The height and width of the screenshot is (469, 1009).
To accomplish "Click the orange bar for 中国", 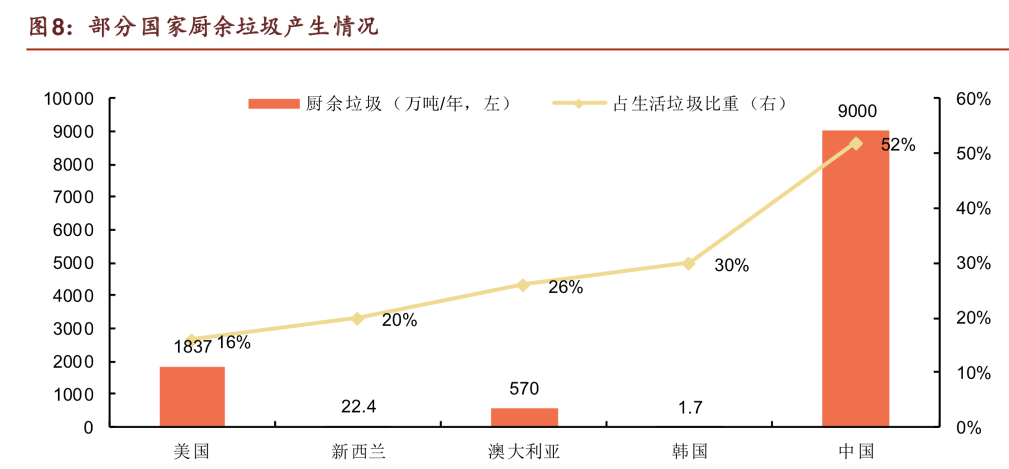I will coord(855,279).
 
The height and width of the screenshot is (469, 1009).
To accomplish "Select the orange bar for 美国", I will coord(192,396).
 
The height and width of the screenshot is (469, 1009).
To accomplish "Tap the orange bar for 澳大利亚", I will coord(524,417).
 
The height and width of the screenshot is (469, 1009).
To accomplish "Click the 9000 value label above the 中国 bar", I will coord(857,111).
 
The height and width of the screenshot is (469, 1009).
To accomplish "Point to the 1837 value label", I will coord(192,347).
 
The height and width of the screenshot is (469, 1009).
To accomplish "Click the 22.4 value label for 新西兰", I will coord(358,406).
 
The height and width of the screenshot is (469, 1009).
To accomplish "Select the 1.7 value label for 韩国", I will coord(690,408).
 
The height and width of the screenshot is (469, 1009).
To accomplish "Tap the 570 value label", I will coord(524,388).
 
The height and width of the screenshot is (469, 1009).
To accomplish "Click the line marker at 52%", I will coord(855,143).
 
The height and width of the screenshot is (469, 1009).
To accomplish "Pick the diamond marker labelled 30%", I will coord(689,263).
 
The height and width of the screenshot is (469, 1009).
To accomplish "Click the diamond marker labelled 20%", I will coord(358,318).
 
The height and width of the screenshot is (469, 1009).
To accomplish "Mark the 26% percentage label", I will coord(565,287).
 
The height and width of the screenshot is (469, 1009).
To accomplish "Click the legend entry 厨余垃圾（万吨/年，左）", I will coord(380,104).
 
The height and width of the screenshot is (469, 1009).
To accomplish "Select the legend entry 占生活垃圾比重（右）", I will coord(670,104).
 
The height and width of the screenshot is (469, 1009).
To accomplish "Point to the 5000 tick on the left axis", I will coord(73,263).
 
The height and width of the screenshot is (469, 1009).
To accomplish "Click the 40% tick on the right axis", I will coord(973,208).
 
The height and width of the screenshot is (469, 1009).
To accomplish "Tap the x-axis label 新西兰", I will coord(358,451).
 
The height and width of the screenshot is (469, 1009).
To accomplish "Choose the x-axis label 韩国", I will coord(690,451).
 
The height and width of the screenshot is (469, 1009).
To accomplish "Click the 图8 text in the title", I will coord(50,27).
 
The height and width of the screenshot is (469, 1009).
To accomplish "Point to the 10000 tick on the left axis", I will coord(69,99).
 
